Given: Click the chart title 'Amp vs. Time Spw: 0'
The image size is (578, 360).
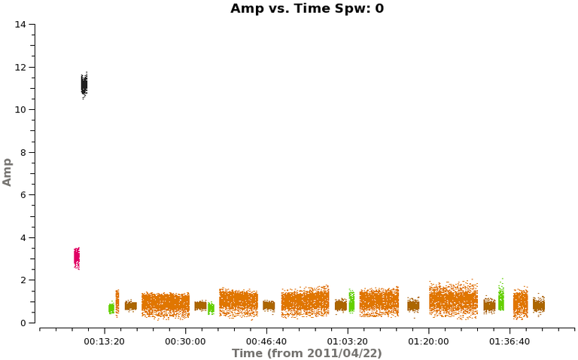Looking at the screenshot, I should click(x=306, y=8).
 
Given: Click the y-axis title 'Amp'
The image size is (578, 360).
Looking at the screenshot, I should click(x=8, y=172).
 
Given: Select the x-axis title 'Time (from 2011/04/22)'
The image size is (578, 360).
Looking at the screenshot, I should click(x=306, y=352).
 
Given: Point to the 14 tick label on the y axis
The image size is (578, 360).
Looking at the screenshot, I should click(x=20, y=25).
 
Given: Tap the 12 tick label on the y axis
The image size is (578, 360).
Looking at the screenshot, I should click(x=20, y=67).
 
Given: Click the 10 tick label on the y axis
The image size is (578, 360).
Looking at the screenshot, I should click(x=20, y=110).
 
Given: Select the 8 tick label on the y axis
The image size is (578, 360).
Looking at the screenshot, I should click(x=23, y=152).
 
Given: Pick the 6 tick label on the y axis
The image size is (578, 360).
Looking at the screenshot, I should click(x=23, y=195).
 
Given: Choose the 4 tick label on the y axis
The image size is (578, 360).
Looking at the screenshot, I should click(x=23, y=238).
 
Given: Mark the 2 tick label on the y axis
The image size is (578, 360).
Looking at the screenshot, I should click(x=23, y=280).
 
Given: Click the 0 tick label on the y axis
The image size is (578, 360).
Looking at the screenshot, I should click(x=23, y=323).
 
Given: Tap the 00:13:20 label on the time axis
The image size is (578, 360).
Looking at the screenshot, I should click(x=105, y=340).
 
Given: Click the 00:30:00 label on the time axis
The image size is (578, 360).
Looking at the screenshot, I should click(x=185, y=340).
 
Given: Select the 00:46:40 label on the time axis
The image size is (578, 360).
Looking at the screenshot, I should click(x=266, y=340).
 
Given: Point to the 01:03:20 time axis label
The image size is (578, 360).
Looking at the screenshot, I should click(x=348, y=340).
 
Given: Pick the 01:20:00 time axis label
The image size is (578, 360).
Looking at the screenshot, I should click(x=429, y=340).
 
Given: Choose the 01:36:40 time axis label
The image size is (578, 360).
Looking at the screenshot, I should click(x=510, y=340).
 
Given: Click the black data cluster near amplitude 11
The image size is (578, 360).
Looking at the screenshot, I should click(x=84, y=84).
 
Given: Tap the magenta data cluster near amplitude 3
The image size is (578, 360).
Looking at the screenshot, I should click(x=76, y=258).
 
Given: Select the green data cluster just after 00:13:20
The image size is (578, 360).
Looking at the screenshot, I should click(x=111, y=307).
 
